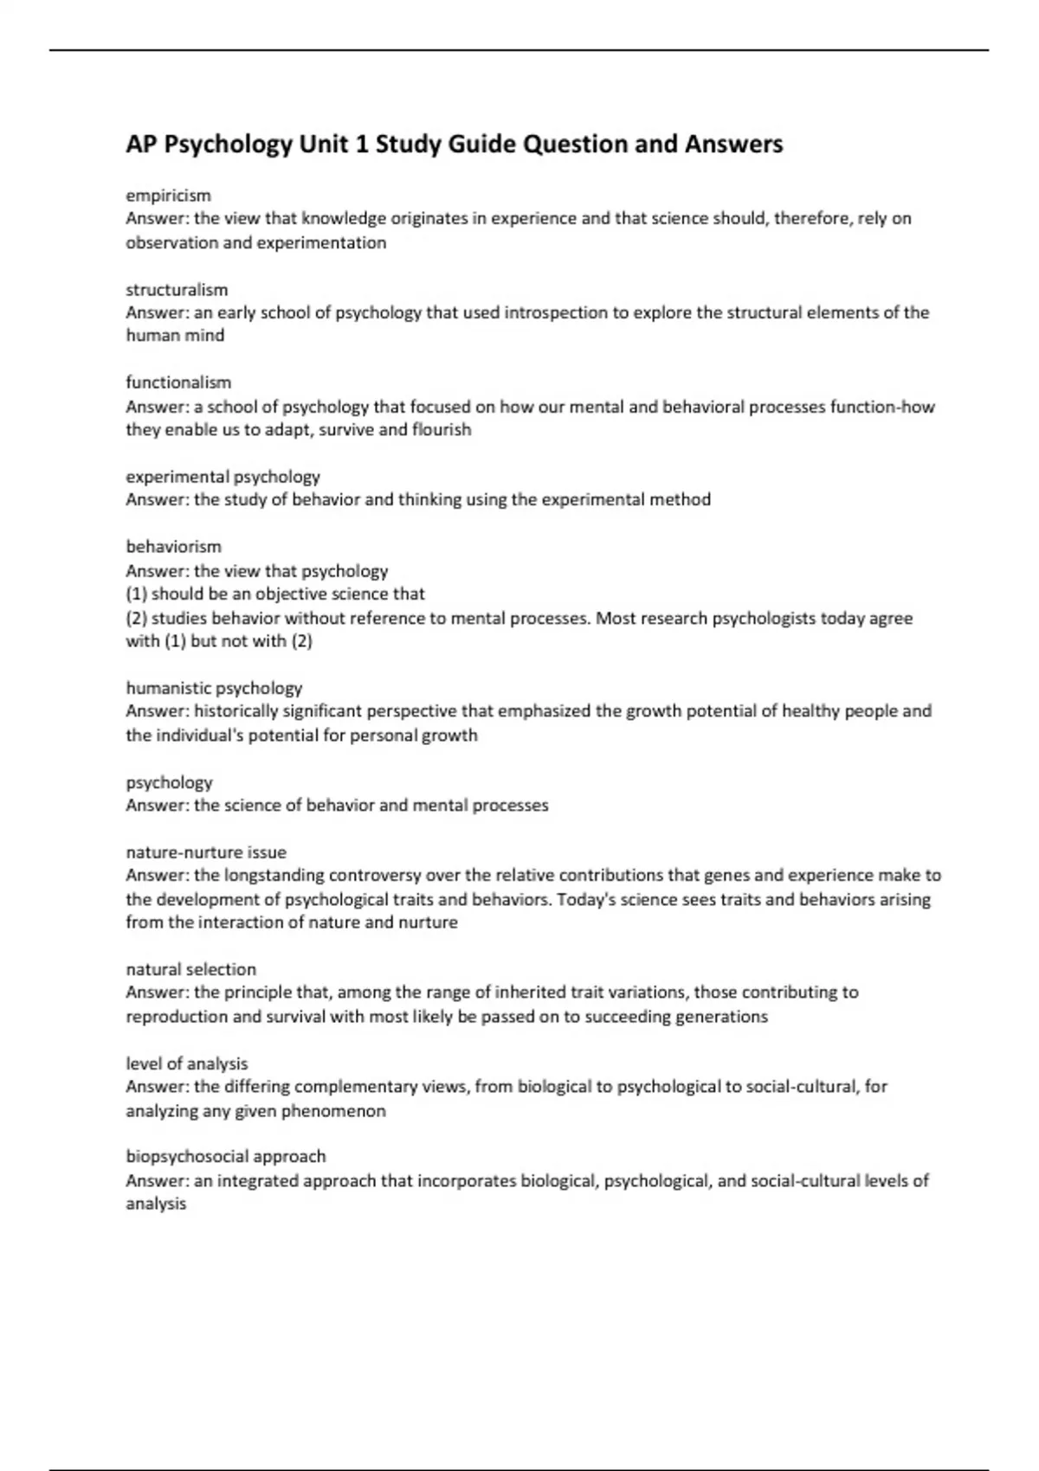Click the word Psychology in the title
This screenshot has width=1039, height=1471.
pos(229,145)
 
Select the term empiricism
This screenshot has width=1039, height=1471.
pos(168,196)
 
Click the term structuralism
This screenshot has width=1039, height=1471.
pos(177,290)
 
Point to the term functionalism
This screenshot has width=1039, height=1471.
pos(178,382)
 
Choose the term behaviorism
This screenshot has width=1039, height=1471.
pos(173,547)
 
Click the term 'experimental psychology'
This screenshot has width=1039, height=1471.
pos(223,477)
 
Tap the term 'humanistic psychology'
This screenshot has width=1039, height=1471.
pos(214,689)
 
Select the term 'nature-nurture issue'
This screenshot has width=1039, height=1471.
pos(206,852)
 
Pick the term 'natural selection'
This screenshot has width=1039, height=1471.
pos(190,970)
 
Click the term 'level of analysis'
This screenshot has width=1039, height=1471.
pos(186,1064)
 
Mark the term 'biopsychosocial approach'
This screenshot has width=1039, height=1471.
pos(225,1157)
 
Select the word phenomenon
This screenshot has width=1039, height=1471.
pos(333,1111)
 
